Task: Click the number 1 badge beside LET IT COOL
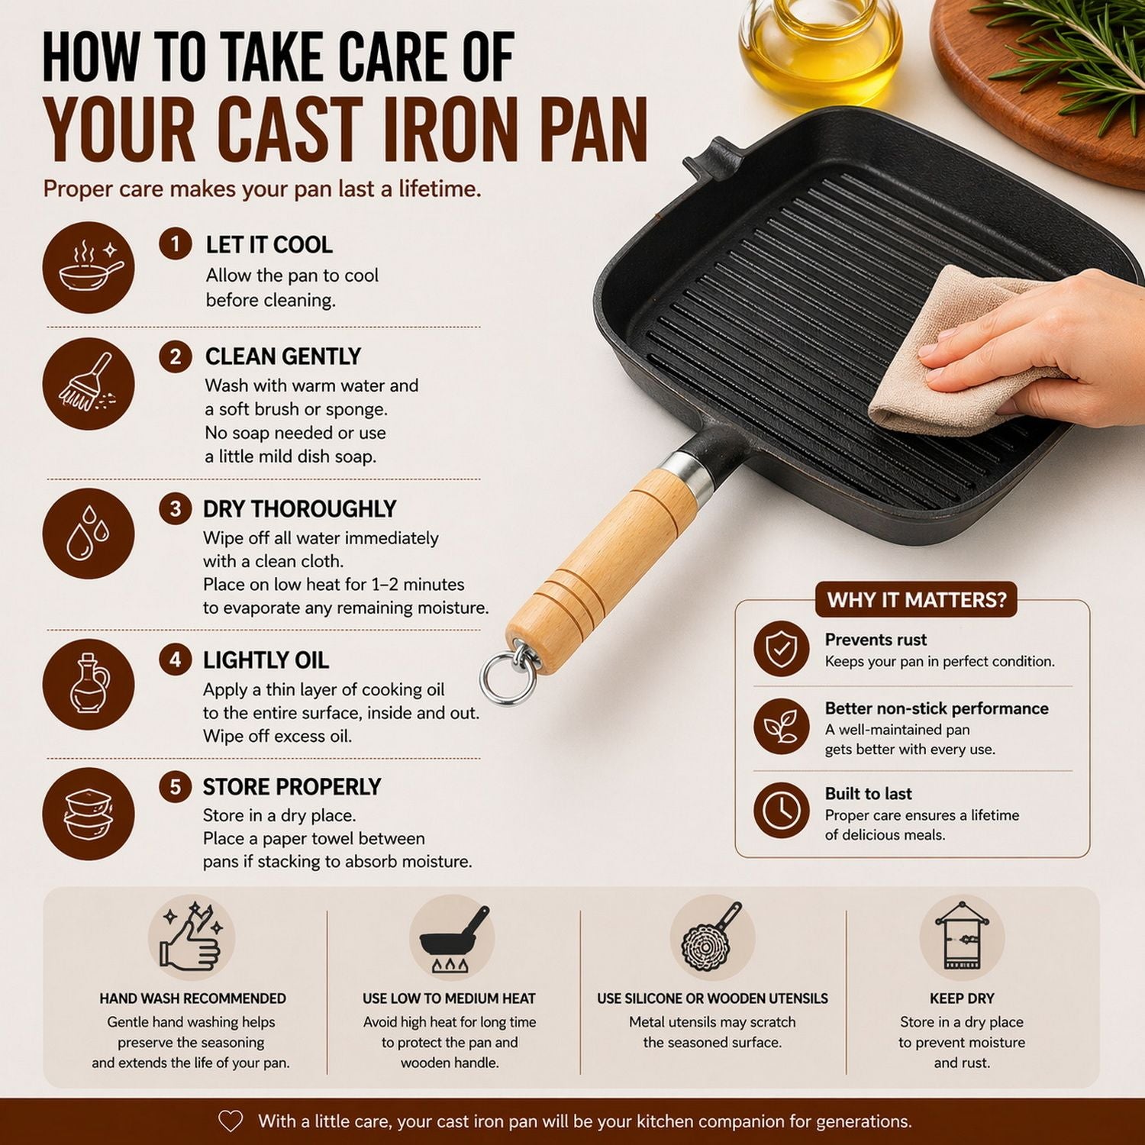[x=176, y=244]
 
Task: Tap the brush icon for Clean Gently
[x=89, y=383]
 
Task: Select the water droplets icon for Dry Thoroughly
[x=89, y=534]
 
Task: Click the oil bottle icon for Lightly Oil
[x=89, y=684]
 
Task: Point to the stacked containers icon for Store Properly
[x=89, y=814]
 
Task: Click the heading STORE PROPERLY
[x=292, y=787]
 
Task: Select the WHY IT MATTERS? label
[x=917, y=600]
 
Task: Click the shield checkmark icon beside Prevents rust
[x=781, y=649]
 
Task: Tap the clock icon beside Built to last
[x=781, y=811]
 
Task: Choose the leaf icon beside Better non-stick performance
[x=781, y=726]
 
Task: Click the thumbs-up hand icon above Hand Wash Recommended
[x=191, y=938]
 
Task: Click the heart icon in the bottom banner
[x=231, y=1121]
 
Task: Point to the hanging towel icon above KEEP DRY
[x=962, y=937]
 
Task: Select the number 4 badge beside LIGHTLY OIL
[x=176, y=660]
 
